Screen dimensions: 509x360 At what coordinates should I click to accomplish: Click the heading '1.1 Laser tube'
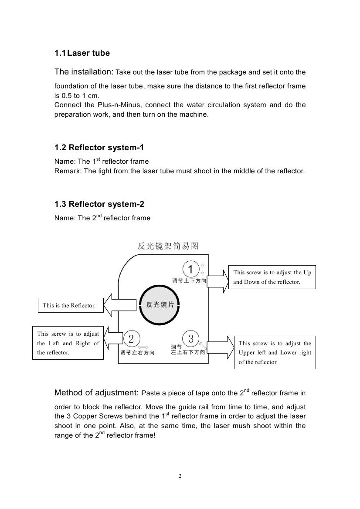[x=82, y=53]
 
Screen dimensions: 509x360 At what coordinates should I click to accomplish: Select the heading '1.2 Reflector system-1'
[x=99, y=148]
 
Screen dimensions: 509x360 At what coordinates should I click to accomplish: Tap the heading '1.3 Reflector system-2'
[x=99, y=204]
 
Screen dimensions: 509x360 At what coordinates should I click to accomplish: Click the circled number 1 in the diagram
[x=190, y=268]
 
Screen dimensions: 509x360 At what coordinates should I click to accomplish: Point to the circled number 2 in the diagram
[x=132, y=339]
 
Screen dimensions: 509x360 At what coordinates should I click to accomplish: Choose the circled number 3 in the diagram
[x=191, y=338]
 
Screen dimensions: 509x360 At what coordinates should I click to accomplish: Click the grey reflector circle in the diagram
[x=160, y=305]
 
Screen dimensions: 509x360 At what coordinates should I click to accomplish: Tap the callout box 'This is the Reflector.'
[x=69, y=306]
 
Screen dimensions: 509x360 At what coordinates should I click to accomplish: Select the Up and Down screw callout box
[x=272, y=277]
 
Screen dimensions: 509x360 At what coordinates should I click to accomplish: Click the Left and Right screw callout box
[x=68, y=343]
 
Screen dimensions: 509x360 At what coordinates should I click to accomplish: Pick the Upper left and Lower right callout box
[x=275, y=352]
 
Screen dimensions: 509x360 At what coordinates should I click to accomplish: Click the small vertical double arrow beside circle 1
[x=202, y=268]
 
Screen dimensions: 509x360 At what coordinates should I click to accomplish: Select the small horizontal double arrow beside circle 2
[x=143, y=347]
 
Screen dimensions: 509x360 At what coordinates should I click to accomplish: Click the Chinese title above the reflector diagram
[x=168, y=246]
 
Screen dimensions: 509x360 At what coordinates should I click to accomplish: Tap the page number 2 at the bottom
[x=180, y=476]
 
